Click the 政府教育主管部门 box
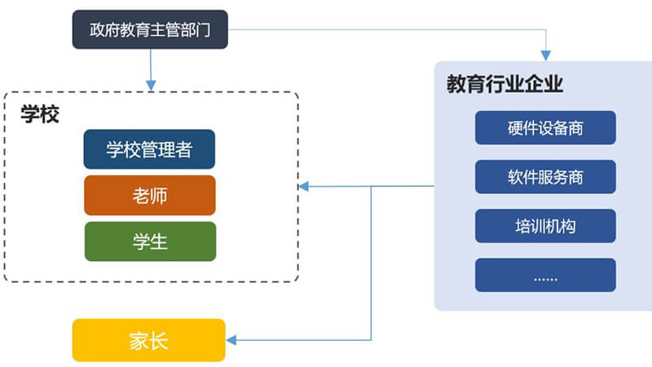pos(150,29)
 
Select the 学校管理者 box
pos(149,149)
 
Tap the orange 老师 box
pos(150,196)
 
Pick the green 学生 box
pos(150,241)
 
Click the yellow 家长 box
pos(149,340)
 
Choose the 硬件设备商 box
pos(545,128)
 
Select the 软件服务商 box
pos(545,177)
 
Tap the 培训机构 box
pos(545,226)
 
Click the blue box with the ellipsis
pos(545,275)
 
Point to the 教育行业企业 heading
pos(504,84)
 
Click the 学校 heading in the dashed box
pos(40,114)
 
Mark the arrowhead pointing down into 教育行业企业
pos(546,55)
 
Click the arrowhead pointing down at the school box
pos(151,86)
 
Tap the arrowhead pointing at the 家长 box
pos(231,340)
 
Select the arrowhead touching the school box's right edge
pos(303,187)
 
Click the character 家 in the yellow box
pos(139,341)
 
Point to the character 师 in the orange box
pos(159,196)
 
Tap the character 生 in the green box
pos(159,242)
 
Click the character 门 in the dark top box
pos(203,30)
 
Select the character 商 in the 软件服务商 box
pos(575,177)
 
